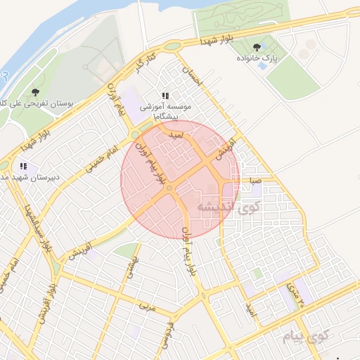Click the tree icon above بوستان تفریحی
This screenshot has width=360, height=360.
pos(36,91)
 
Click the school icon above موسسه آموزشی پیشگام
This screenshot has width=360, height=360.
pos(165,96)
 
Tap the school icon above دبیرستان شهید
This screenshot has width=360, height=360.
pos(23,167)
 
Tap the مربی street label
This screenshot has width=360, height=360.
pos(146,307)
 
